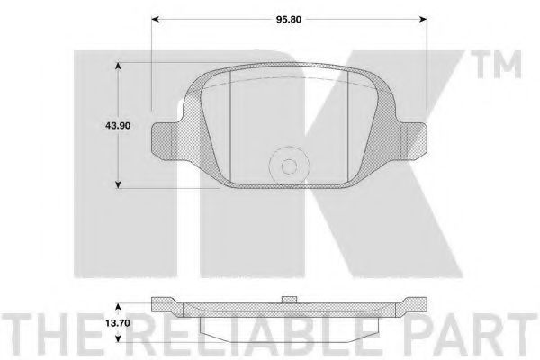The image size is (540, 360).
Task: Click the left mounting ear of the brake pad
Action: click(166, 139)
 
